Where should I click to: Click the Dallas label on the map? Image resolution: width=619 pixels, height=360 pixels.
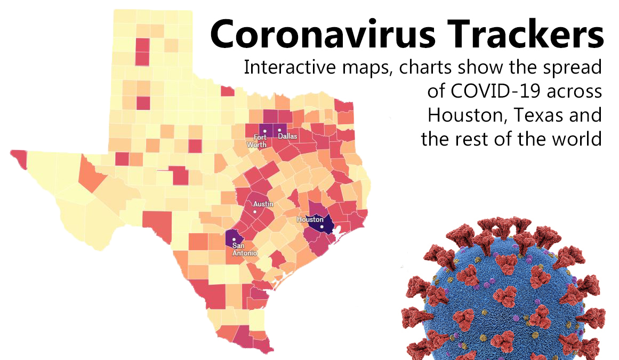288,137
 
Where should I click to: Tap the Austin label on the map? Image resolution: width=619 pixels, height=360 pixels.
263,204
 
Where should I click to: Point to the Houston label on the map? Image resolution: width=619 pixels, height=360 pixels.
310,220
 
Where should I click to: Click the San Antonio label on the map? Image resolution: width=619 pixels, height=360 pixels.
244,250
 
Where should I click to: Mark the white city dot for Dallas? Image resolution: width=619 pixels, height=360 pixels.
279,130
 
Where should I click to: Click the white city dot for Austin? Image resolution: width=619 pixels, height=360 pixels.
255,212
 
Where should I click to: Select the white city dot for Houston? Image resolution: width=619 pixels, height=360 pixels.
322,227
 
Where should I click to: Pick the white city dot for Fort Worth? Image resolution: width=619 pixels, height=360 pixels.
263,131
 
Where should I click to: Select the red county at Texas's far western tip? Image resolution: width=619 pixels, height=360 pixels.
19,156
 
